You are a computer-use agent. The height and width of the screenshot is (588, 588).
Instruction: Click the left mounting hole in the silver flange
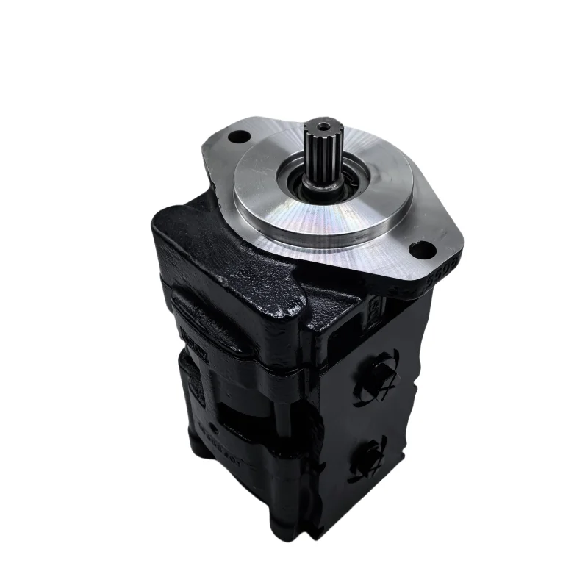tap(237, 136)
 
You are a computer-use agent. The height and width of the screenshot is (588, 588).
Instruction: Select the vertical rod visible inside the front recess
tap(279, 412)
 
